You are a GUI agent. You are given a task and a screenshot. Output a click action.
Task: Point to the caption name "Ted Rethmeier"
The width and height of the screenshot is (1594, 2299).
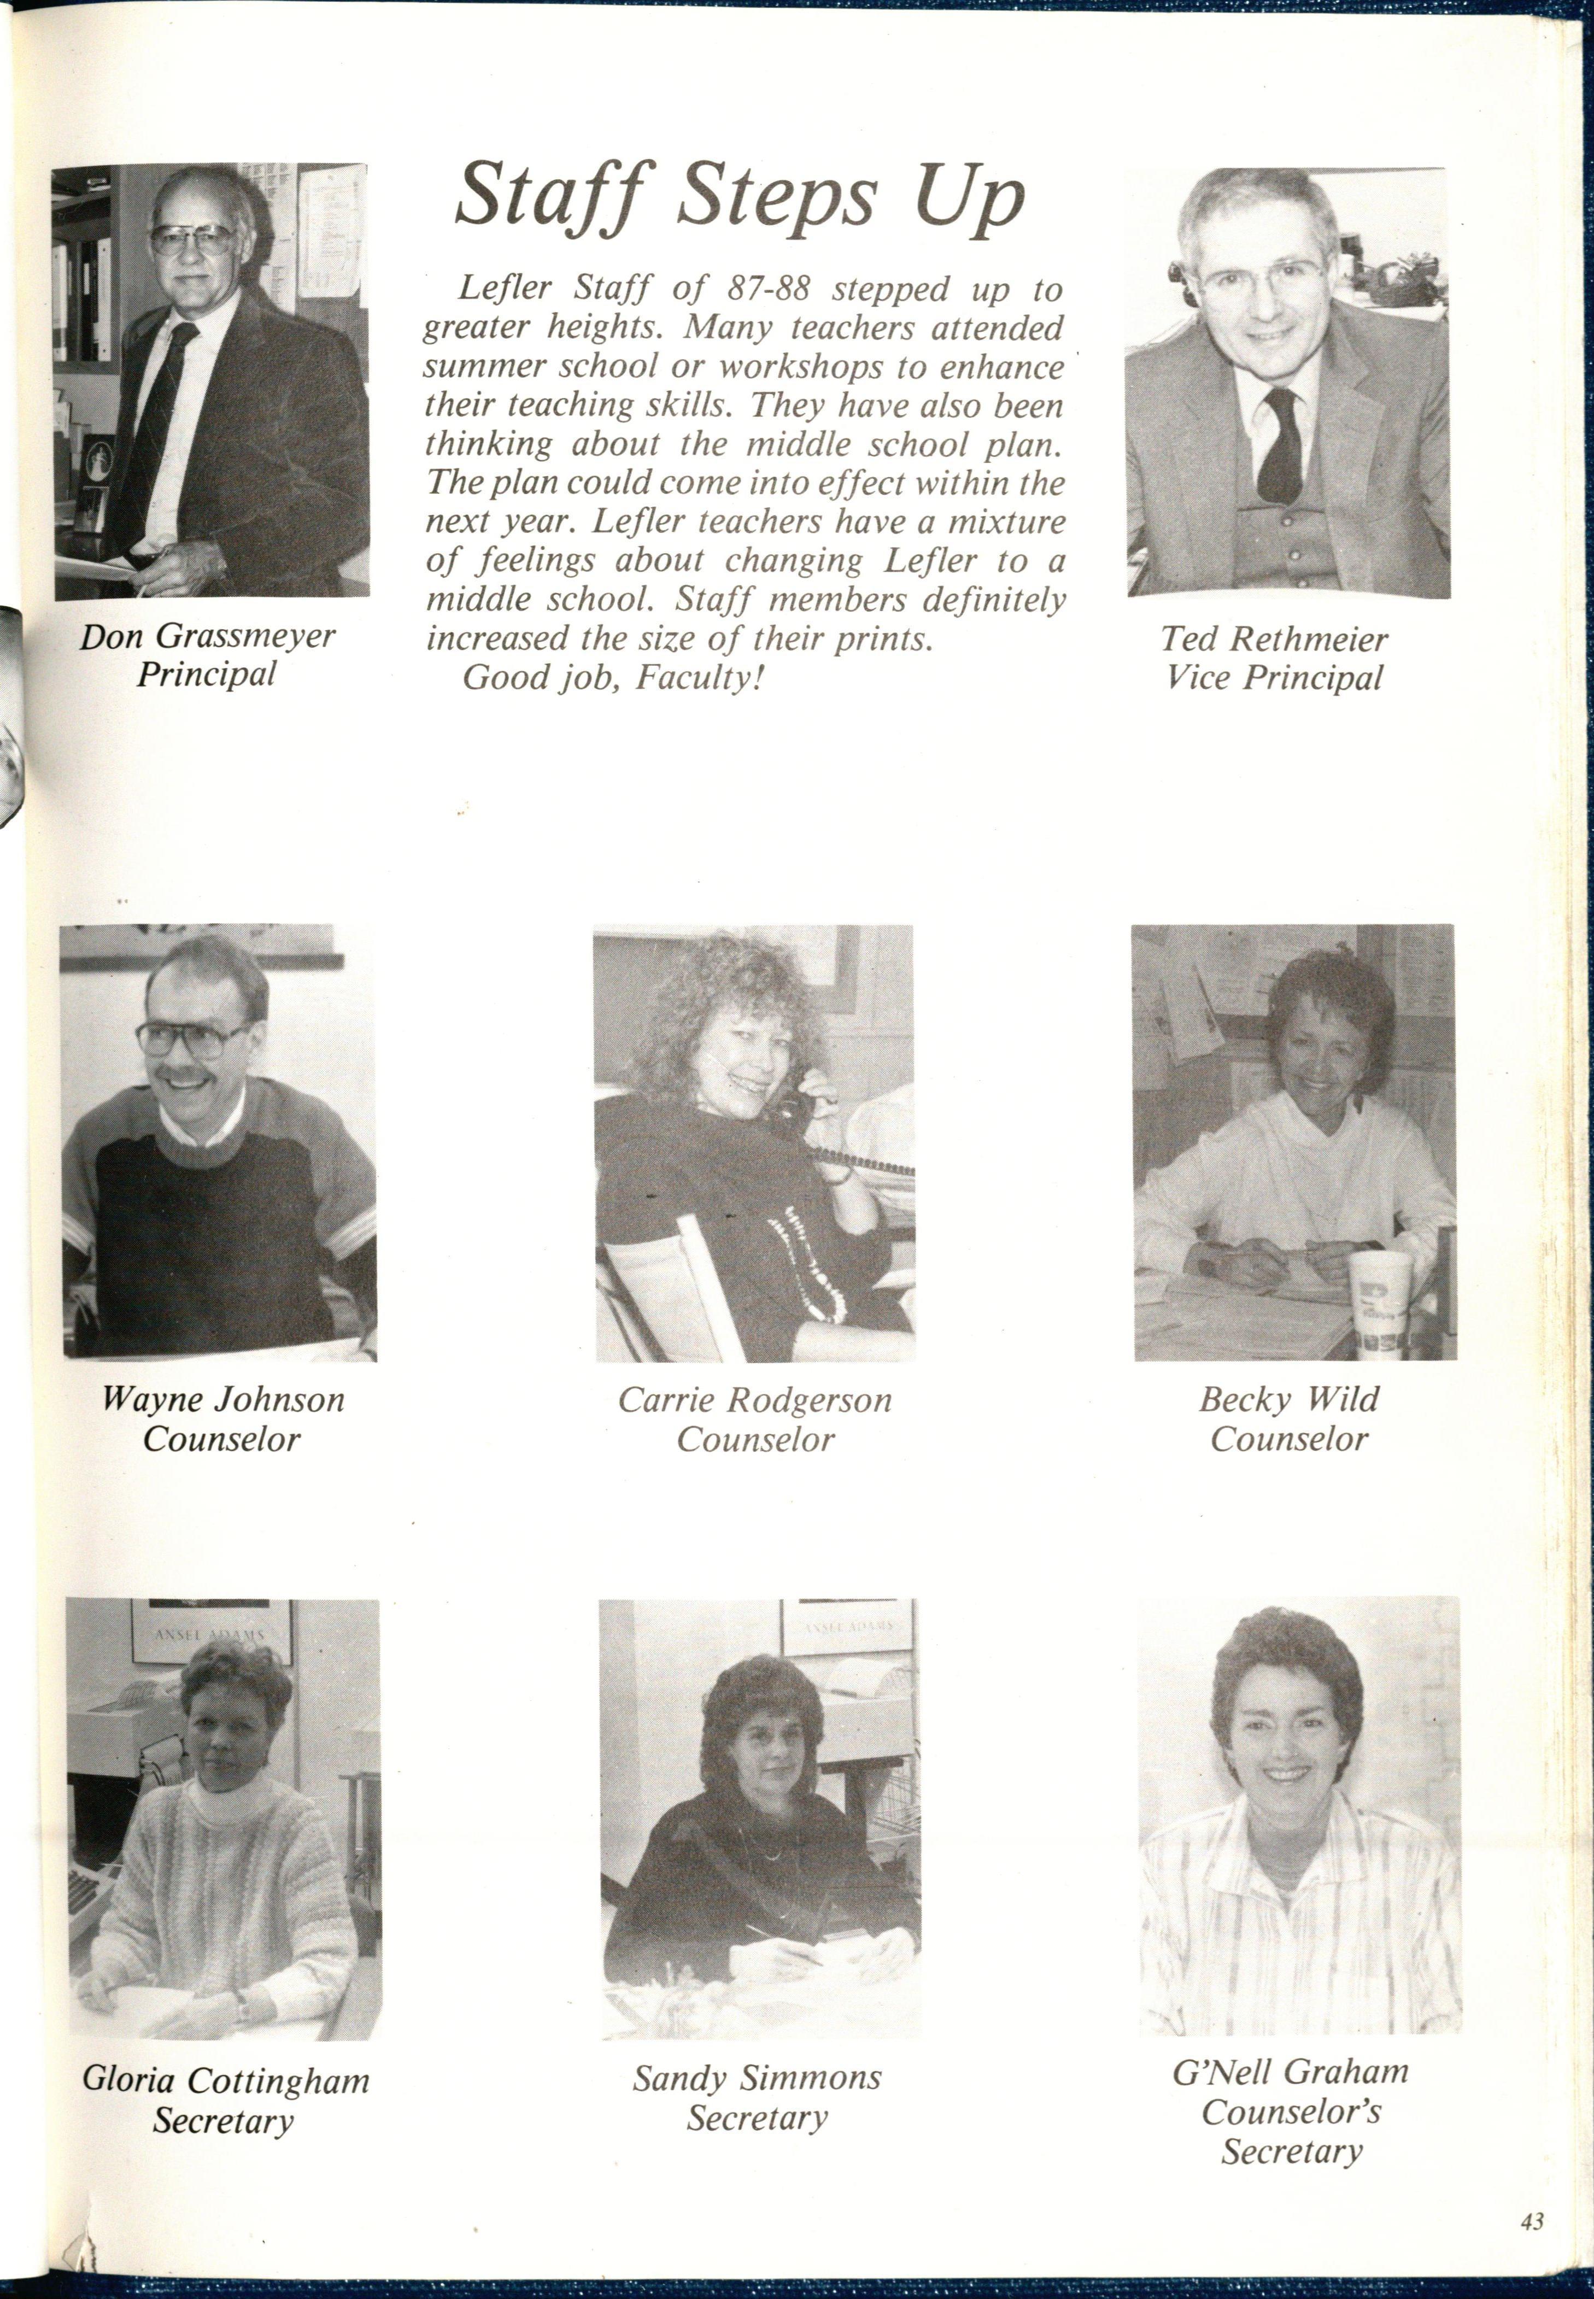tap(1274, 638)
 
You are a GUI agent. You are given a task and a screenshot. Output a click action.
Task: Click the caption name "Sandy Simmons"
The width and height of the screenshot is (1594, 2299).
tap(757, 2077)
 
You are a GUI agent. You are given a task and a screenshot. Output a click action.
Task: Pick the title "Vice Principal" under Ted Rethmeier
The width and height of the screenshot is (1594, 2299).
tap(1274, 678)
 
